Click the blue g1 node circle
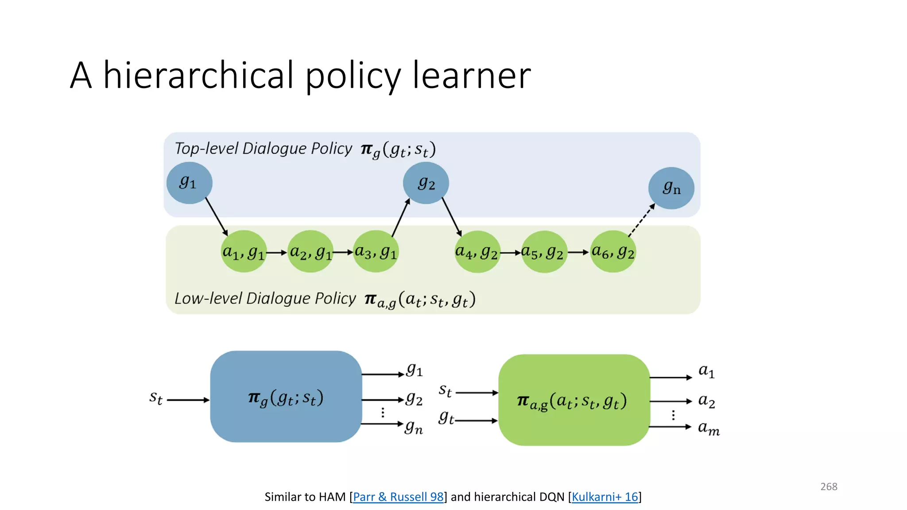190,183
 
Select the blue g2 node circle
426,183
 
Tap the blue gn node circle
671,188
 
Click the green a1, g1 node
244,251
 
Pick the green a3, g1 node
376,251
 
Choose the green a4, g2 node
477,252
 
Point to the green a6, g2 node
613,251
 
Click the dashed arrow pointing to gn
641,220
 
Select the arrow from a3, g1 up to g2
401,218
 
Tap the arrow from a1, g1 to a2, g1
277,252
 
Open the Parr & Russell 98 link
398,497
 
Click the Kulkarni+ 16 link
605,497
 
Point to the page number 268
829,487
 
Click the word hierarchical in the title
198,75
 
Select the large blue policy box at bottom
286,397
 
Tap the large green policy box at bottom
574,400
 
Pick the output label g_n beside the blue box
414,428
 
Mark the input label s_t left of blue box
156,398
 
